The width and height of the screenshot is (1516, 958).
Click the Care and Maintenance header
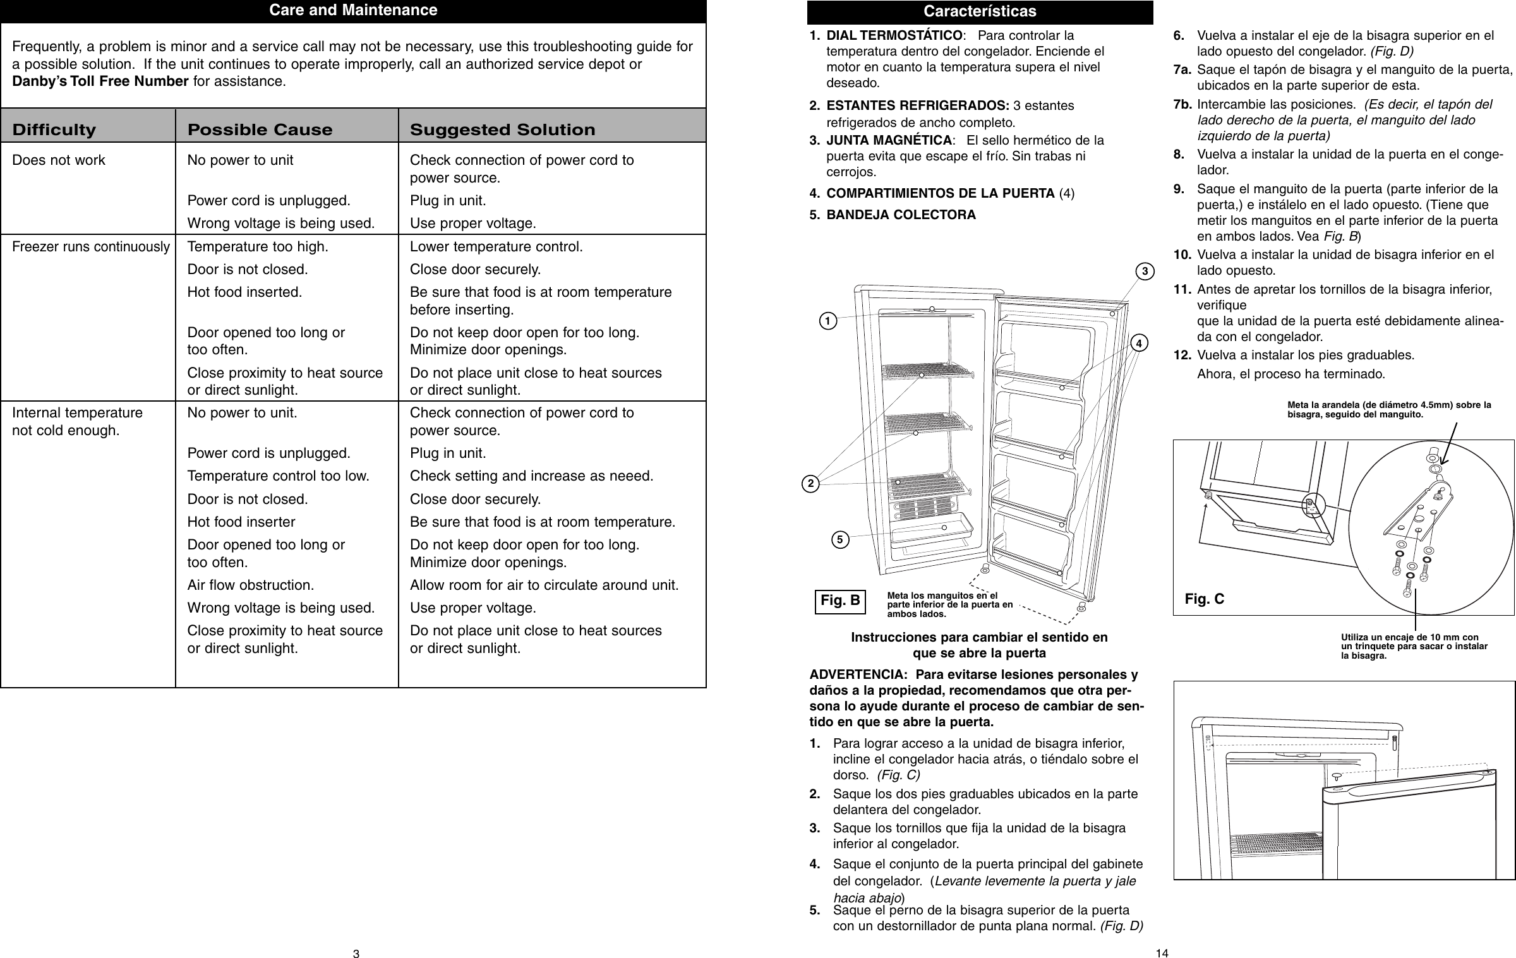click(353, 11)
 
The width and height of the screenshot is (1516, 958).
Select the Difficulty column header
click(54, 130)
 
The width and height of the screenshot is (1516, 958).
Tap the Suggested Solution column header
click(502, 130)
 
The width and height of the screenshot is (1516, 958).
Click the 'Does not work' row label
click(59, 160)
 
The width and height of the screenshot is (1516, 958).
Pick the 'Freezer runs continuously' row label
click(91, 246)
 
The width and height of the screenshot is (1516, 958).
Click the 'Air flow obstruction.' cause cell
click(251, 585)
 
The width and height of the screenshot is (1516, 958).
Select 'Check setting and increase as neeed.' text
click(532, 476)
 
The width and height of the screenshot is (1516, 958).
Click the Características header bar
click(980, 11)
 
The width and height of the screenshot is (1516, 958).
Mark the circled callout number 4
click(1139, 344)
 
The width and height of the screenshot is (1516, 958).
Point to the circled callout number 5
click(840, 540)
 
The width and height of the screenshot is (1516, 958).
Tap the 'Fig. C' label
click(1204, 599)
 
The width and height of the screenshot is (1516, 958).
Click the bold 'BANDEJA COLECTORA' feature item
click(901, 215)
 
